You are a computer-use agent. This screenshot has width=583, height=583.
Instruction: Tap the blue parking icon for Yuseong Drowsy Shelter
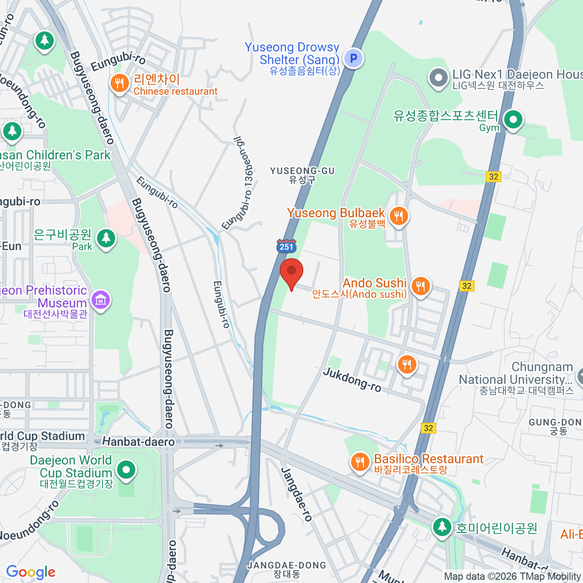pyautogui.click(x=354, y=59)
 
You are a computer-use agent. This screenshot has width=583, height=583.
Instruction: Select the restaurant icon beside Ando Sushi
pyautogui.click(x=421, y=286)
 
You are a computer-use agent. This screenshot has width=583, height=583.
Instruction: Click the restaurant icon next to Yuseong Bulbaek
pyautogui.click(x=399, y=215)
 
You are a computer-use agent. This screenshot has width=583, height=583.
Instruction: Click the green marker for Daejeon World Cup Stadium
pyautogui.click(x=126, y=470)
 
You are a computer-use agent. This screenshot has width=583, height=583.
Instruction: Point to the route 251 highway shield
pyautogui.click(x=287, y=246)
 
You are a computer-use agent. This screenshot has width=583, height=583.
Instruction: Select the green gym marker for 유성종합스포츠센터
pyautogui.click(x=513, y=119)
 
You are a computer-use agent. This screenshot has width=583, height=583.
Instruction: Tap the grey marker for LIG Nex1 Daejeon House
pyautogui.click(x=439, y=77)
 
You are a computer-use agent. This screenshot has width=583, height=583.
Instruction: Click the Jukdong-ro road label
pyautogui.click(x=352, y=379)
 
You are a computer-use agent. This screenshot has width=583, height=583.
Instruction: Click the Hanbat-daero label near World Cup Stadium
pyautogui.click(x=138, y=442)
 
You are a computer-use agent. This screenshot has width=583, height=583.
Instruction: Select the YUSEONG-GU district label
pyautogui.click(x=302, y=175)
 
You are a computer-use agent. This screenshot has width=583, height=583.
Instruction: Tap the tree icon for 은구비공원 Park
pyautogui.click(x=106, y=238)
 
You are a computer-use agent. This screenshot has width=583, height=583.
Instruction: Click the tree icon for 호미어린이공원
pyautogui.click(x=442, y=527)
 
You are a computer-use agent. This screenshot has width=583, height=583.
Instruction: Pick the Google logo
pyautogui.click(x=31, y=572)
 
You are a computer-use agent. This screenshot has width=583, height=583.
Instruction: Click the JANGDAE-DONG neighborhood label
pyautogui.click(x=287, y=569)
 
